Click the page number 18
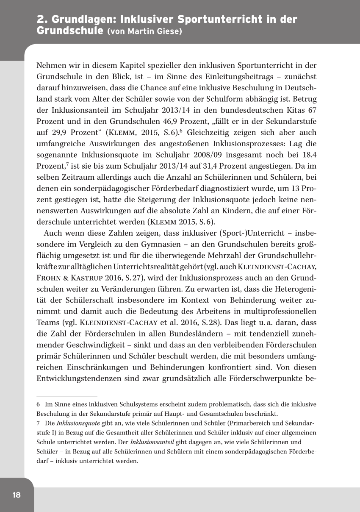pos(17,495)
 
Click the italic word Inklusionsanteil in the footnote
pos(153,442)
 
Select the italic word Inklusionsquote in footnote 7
pos(78,423)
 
